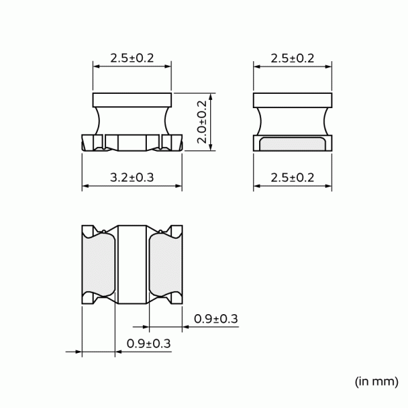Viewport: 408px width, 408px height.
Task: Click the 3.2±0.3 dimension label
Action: pyautogui.click(x=132, y=177)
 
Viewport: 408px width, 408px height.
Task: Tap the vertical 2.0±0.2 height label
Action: pyautogui.click(x=202, y=122)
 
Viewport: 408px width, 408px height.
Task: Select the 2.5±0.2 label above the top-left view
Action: pyautogui.click(x=132, y=58)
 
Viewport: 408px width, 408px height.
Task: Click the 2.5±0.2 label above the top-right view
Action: pyautogui.click(x=292, y=58)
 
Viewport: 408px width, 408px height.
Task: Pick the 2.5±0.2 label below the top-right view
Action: pyautogui.click(x=292, y=177)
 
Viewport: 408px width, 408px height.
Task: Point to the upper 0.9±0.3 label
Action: pyautogui.click(x=216, y=319)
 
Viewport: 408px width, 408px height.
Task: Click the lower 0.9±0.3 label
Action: pyautogui.click(x=148, y=343)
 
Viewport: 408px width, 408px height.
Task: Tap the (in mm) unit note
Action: pyautogui.click(x=377, y=381)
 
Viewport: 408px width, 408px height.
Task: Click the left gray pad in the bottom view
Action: pyautogui.click(x=99, y=265)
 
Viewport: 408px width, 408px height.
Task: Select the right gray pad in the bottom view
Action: pyautogui.click(x=165, y=265)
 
